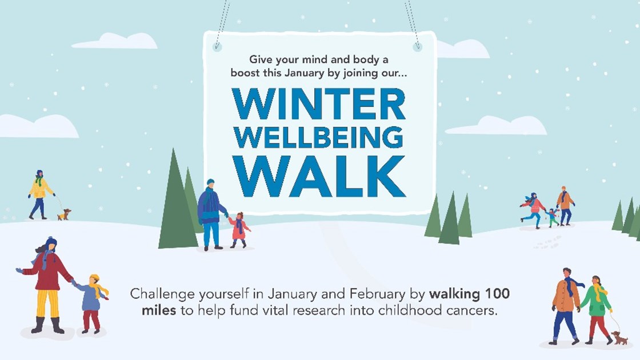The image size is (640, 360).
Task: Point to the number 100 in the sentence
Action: pyautogui.click(x=496, y=295)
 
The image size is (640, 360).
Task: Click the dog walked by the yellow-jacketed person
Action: pyautogui.click(x=63, y=214)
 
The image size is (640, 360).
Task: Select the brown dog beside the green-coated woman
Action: pyautogui.click(x=619, y=338)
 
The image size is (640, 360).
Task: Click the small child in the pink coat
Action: pyautogui.click(x=239, y=230)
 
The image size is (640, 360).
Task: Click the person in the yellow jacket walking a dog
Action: pyautogui.click(x=39, y=194)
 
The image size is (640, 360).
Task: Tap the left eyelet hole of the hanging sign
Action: pyautogui.click(x=217, y=46)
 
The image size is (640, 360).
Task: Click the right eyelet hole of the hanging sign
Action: pyautogui.click(x=418, y=46)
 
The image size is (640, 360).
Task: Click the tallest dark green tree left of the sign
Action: pyautogui.click(x=174, y=203)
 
